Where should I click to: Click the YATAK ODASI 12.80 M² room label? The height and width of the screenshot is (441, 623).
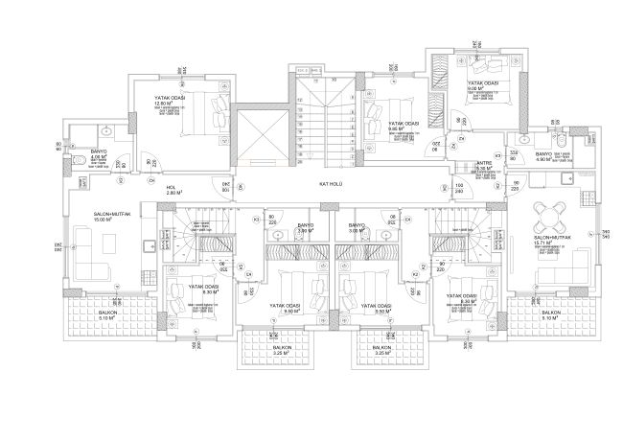coord(170,101)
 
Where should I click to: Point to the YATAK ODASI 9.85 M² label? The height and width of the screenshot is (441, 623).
coord(403,127)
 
